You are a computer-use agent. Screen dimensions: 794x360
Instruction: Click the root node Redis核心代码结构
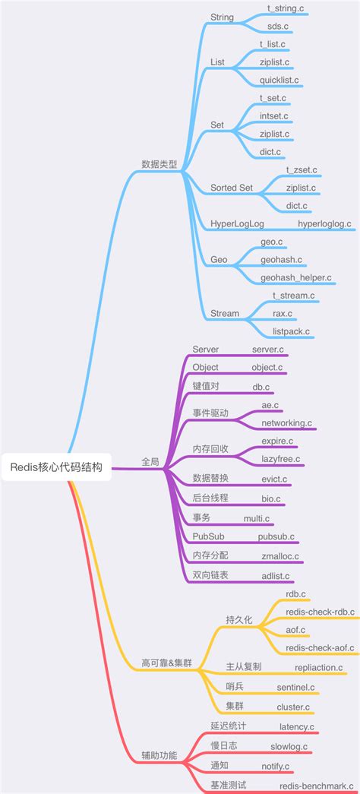[x=56, y=467]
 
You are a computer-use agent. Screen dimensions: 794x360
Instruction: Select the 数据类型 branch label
[x=159, y=163]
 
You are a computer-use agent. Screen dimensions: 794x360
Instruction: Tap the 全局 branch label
[x=150, y=461]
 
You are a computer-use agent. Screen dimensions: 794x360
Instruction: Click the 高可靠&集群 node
[x=166, y=663]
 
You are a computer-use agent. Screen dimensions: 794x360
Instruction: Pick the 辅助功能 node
[x=159, y=755]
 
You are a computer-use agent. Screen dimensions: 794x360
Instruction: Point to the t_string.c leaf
[x=286, y=8]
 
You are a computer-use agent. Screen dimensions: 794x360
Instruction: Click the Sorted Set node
[x=232, y=188]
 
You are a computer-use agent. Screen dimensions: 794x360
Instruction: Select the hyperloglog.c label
[x=324, y=223]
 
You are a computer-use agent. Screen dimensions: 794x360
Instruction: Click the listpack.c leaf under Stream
[x=291, y=331]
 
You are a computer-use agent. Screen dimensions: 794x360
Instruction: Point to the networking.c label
[x=286, y=422]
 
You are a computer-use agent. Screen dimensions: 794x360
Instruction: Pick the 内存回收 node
[x=210, y=449]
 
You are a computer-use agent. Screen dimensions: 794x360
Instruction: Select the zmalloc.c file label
[x=280, y=556]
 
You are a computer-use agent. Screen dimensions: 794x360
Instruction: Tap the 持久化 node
[x=240, y=619]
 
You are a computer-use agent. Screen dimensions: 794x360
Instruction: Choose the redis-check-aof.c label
[x=320, y=647]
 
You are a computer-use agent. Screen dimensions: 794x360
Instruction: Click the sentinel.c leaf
[x=295, y=687]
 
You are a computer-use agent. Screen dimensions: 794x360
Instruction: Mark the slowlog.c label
[x=289, y=746]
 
